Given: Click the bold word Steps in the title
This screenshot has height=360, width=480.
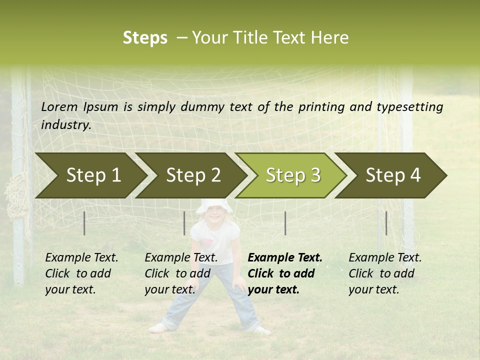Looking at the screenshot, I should [x=145, y=38].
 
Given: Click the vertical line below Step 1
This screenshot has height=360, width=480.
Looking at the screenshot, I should [x=84, y=223].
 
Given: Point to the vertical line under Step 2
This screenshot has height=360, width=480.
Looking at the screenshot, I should [x=184, y=223].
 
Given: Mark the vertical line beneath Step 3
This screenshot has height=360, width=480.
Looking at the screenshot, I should [x=285, y=223].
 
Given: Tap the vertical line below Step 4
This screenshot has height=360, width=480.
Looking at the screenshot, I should [x=386, y=223].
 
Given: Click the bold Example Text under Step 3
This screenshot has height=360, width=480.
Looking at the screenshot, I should [x=285, y=258].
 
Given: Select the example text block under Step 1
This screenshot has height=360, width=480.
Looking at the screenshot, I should [x=81, y=273].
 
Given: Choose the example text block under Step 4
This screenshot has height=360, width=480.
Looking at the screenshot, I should [x=385, y=273].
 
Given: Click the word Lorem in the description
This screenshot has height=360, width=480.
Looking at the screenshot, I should [x=59, y=106].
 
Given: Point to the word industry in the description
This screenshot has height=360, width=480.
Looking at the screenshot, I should [x=66, y=125].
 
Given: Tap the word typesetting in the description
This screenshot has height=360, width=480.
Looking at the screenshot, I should [x=409, y=107].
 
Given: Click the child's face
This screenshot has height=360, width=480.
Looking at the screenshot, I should [x=214, y=215].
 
